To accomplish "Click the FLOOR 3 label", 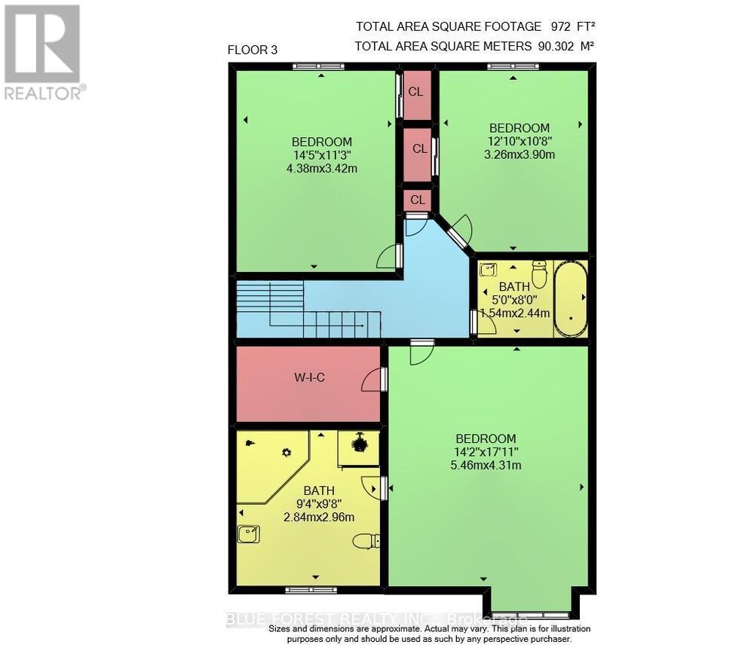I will tap(253, 50).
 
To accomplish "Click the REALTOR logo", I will tap(42, 51).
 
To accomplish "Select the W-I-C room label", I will tap(309, 377).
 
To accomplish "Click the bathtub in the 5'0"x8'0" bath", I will tap(570, 299).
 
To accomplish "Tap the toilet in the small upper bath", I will tap(538, 274).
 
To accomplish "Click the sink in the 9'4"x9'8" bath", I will tap(248, 534).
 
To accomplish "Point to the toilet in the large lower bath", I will tap(366, 540).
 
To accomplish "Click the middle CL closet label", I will tap(419, 149).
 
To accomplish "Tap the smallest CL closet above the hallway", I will tap(417, 200).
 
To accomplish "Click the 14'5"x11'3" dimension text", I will tap(322, 155).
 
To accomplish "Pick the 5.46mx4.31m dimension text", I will tap(486, 465).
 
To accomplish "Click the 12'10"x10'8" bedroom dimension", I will tap(519, 142).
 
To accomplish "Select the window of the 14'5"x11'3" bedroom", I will tap(318, 66).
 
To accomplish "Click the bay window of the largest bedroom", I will tap(530, 615).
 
